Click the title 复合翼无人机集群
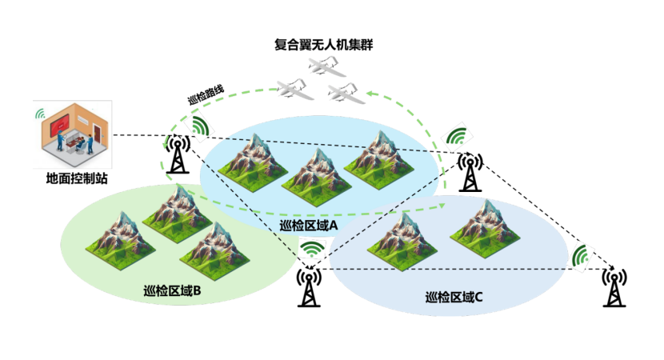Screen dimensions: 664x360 (x=324, y=45)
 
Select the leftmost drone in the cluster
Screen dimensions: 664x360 (x=295, y=89)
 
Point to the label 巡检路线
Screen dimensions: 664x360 (x=206, y=95)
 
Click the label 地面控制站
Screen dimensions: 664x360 (x=77, y=178)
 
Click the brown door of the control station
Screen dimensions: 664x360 (x=98, y=133)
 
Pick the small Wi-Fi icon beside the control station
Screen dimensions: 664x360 (x=40, y=114)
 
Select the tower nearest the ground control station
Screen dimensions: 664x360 (x=178, y=154)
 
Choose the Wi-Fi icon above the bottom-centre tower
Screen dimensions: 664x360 (x=312, y=248)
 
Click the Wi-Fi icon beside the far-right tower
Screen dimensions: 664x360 (x=581, y=256)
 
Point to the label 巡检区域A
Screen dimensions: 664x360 (x=308, y=226)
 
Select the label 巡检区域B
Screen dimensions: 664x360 (x=172, y=291)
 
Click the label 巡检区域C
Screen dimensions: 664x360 (x=454, y=298)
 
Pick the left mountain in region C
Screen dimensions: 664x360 (x=402, y=242)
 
